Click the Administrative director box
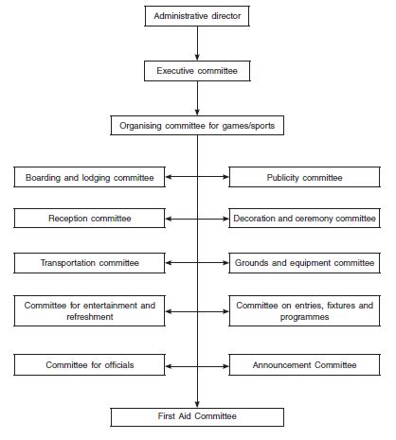coord(197,16)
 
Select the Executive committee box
coord(197,71)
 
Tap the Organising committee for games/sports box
coord(197,126)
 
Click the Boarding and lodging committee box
coord(89,177)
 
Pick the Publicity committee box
coord(304,177)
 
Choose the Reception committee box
coord(89,219)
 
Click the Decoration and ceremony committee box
coord(304,219)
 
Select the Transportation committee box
coord(89,263)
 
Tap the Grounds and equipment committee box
coord(304,263)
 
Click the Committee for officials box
coord(89,365)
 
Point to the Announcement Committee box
coord(304,365)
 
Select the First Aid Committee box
coord(197,417)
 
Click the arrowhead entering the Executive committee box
coord(197,58)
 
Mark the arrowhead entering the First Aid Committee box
coord(197,405)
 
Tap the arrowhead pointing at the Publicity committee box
coord(225,177)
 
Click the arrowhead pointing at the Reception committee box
coord(169,219)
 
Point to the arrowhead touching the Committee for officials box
coord(169,366)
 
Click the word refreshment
coord(90,317)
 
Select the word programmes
coord(304,317)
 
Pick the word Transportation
coord(68,263)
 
